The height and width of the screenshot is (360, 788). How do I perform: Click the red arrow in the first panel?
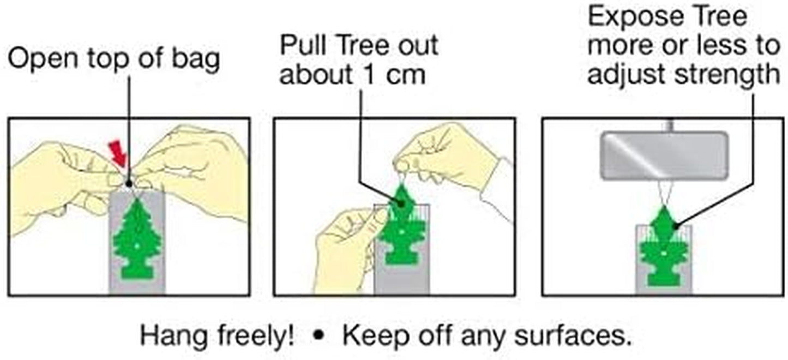[117, 152]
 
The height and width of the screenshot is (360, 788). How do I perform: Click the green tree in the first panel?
[137, 240]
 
